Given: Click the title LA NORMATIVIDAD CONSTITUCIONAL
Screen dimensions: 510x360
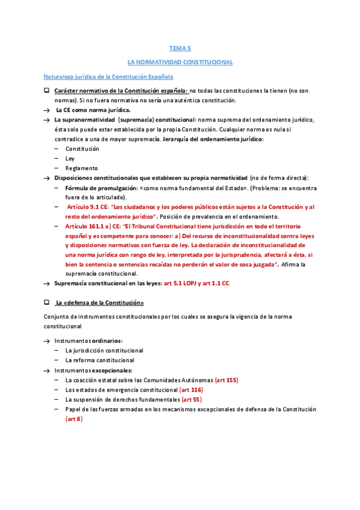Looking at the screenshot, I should coord(180,62).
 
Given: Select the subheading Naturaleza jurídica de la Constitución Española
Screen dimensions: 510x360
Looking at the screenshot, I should coord(109,77).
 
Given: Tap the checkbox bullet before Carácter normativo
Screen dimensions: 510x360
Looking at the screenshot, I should coord(46,91).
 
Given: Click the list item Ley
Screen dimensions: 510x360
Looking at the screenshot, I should coord(70,158).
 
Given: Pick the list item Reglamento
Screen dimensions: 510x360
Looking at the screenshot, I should coord(81,168).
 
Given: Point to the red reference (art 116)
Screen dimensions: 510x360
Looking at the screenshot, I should coord(191,390).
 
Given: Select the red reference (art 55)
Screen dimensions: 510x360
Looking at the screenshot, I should coord(192,399).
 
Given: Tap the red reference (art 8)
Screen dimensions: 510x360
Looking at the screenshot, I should coord(74,419).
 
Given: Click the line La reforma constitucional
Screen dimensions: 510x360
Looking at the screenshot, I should coord(100,360).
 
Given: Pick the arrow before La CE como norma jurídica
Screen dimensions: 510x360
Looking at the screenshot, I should coord(46,110).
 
